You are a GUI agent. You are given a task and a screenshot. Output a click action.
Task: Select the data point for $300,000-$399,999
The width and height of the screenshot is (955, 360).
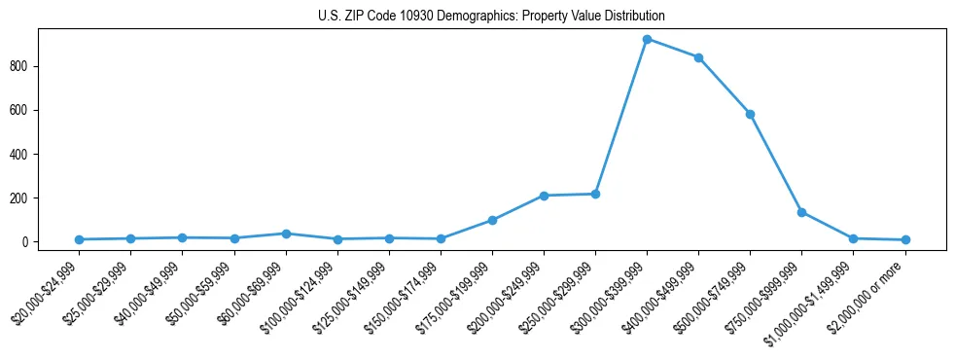(647, 39)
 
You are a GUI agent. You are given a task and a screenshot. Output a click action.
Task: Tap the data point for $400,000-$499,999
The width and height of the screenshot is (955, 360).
(698, 57)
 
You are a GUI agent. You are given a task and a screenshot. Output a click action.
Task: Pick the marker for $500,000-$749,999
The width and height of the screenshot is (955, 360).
(750, 114)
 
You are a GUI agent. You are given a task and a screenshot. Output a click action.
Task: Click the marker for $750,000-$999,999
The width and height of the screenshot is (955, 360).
(801, 212)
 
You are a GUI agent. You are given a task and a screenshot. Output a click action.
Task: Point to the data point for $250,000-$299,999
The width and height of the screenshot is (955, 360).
(595, 194)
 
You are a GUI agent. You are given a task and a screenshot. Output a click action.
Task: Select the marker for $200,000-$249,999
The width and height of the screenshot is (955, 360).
(544, 196)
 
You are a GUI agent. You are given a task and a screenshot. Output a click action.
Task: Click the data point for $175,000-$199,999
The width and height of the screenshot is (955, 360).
(492, 220)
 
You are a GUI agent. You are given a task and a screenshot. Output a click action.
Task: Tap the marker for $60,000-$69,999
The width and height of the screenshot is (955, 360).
(286, 234)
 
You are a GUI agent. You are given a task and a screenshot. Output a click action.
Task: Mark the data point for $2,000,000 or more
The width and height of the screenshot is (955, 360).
(904, 239)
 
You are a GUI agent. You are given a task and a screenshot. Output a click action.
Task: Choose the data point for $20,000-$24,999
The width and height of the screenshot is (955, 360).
(79, 239)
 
